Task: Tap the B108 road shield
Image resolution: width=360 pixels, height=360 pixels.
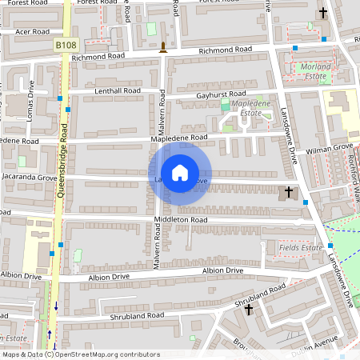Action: (x=66, y=46)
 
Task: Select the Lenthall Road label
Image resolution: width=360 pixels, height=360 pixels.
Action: (x=117, y=91)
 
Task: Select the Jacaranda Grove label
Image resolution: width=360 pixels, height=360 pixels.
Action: (x=30, y=176)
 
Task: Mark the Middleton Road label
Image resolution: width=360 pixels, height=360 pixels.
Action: (x=182, y=219)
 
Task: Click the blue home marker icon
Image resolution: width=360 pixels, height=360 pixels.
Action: (x=180, y=172)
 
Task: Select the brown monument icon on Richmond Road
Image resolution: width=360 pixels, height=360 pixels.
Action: (x=163, y=46)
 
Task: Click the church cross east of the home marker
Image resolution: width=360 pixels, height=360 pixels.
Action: (x=290, y=193)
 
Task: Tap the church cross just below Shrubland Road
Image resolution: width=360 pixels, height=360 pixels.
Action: (x=249, y=309)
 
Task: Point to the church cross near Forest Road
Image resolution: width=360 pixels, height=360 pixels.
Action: (x=323, y=13)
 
